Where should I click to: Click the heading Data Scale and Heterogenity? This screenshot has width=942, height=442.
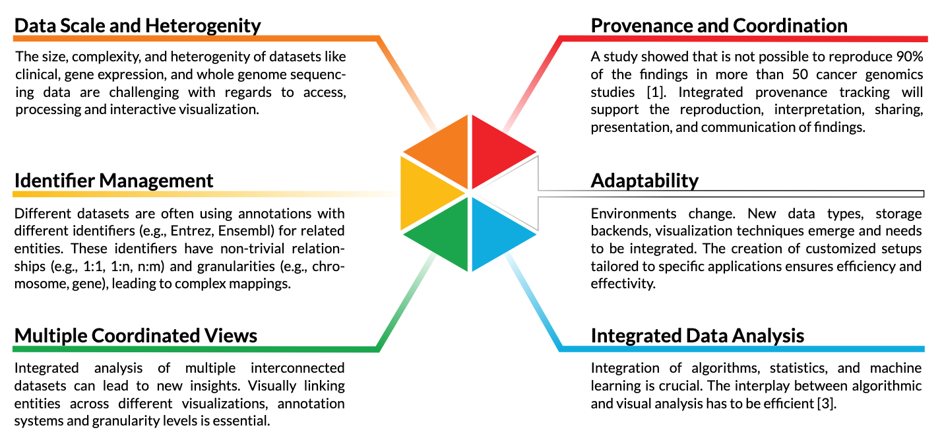click(x=137, y=26)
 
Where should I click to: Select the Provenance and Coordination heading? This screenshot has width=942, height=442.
click(x=718, y=26)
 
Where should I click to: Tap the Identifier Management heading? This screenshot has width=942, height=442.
click(x=113, y=181)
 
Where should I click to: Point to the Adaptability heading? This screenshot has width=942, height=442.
click(x=644, y=181)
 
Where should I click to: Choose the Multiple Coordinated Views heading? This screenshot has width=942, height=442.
click(x=135, y=336)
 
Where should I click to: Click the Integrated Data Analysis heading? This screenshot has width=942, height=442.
click(x=697, y=336)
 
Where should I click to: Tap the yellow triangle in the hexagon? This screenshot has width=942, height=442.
click(x=423, y=193)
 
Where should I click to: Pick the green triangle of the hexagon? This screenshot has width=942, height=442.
click(x=446, y=236)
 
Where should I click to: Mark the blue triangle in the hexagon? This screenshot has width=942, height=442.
click(x=494, y=236)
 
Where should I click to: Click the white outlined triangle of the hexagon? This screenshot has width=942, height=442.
click(x=517, y=193)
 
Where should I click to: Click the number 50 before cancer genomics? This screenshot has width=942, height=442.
click(x=800, y=75)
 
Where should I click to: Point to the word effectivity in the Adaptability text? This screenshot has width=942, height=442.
click(x=623, y=284)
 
